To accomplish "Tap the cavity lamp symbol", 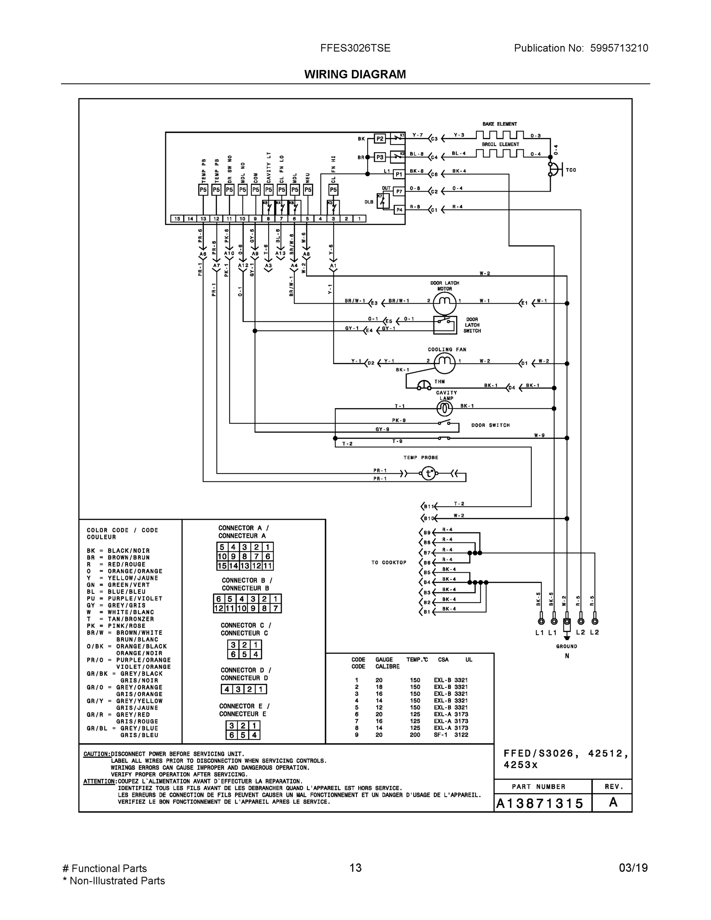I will tap(445, 408).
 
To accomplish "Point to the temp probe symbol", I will tap(429, 473).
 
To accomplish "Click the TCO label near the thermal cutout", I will tap(571, 170).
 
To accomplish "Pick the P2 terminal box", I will tap(380, 139).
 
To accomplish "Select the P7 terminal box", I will tap(399, 191).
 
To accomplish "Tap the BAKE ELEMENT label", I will tap(499, 124).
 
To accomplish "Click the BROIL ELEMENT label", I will tap(501, 145).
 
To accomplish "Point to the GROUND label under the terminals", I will tap(567, 646).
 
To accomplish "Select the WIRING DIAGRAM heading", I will tap(355, 75).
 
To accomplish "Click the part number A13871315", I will tap(540, 804).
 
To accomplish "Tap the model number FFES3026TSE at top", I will tap(355, 48).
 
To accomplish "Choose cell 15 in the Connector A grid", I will tap(222, 566).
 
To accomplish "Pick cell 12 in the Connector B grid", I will tap(218, 608).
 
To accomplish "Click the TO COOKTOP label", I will tap(389, 562).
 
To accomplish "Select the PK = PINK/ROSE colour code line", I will tap(116, 626).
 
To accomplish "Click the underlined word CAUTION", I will tap(97, 754).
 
